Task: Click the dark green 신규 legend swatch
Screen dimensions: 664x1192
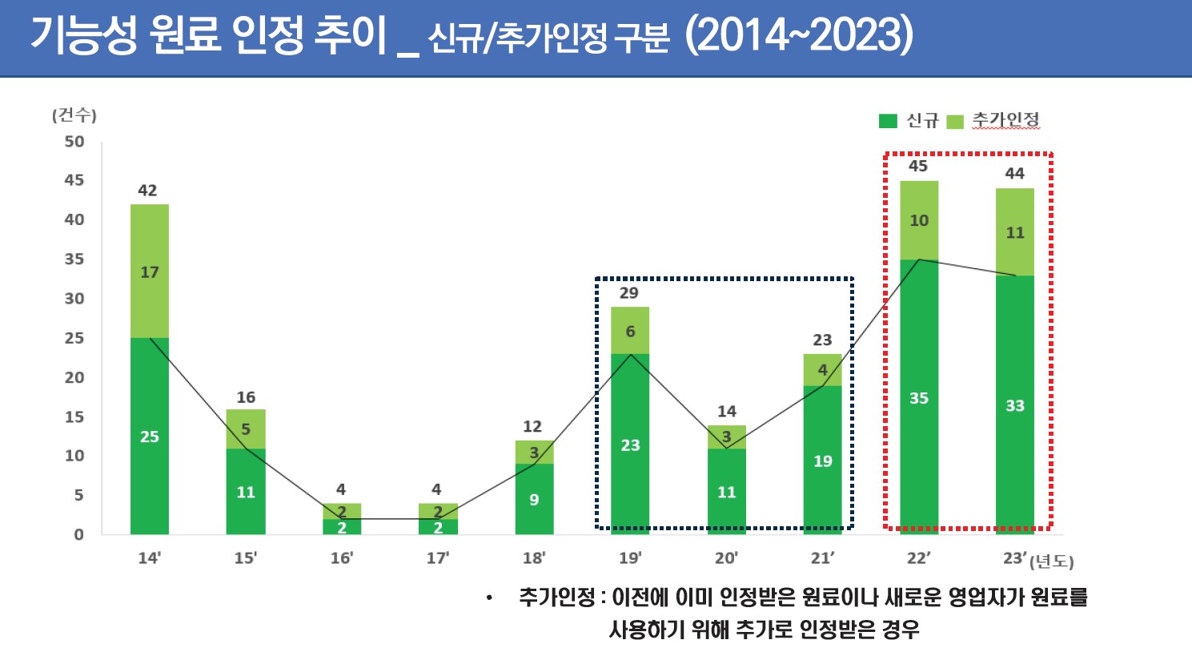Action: coord(888,121)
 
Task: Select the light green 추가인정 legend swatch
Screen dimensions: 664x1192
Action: coord(954,122)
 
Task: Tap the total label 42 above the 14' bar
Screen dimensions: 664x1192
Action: coord(147,191)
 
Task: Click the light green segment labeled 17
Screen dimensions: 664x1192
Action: coord(150,272)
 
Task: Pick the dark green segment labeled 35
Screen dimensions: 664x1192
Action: coord(919,397)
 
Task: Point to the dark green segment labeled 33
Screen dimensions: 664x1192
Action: coord(1015,405)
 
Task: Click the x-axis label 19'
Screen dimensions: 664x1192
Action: coord(630,557)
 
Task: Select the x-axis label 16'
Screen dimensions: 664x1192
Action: coord(342,557)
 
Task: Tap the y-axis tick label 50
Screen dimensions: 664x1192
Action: coord(74,142)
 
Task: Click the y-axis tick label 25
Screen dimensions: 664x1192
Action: coord(74,338)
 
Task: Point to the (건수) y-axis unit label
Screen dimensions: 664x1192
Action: coord(74,115)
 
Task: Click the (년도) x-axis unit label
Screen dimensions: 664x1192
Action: coord(1052,561)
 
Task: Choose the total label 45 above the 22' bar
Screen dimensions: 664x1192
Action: coord(918,167)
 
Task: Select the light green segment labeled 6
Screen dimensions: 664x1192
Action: coord(630,331)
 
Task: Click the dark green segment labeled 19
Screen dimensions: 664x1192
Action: coord(823,461)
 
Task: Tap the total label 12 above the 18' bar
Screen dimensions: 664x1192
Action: coord(532,427)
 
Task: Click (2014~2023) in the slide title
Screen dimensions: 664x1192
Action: coord(799,35)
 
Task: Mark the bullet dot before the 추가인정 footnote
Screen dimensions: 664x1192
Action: coord(489,598)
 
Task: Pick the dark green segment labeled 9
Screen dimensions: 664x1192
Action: coord(534,499)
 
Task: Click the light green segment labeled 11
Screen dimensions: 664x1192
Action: coord(1015,232)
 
